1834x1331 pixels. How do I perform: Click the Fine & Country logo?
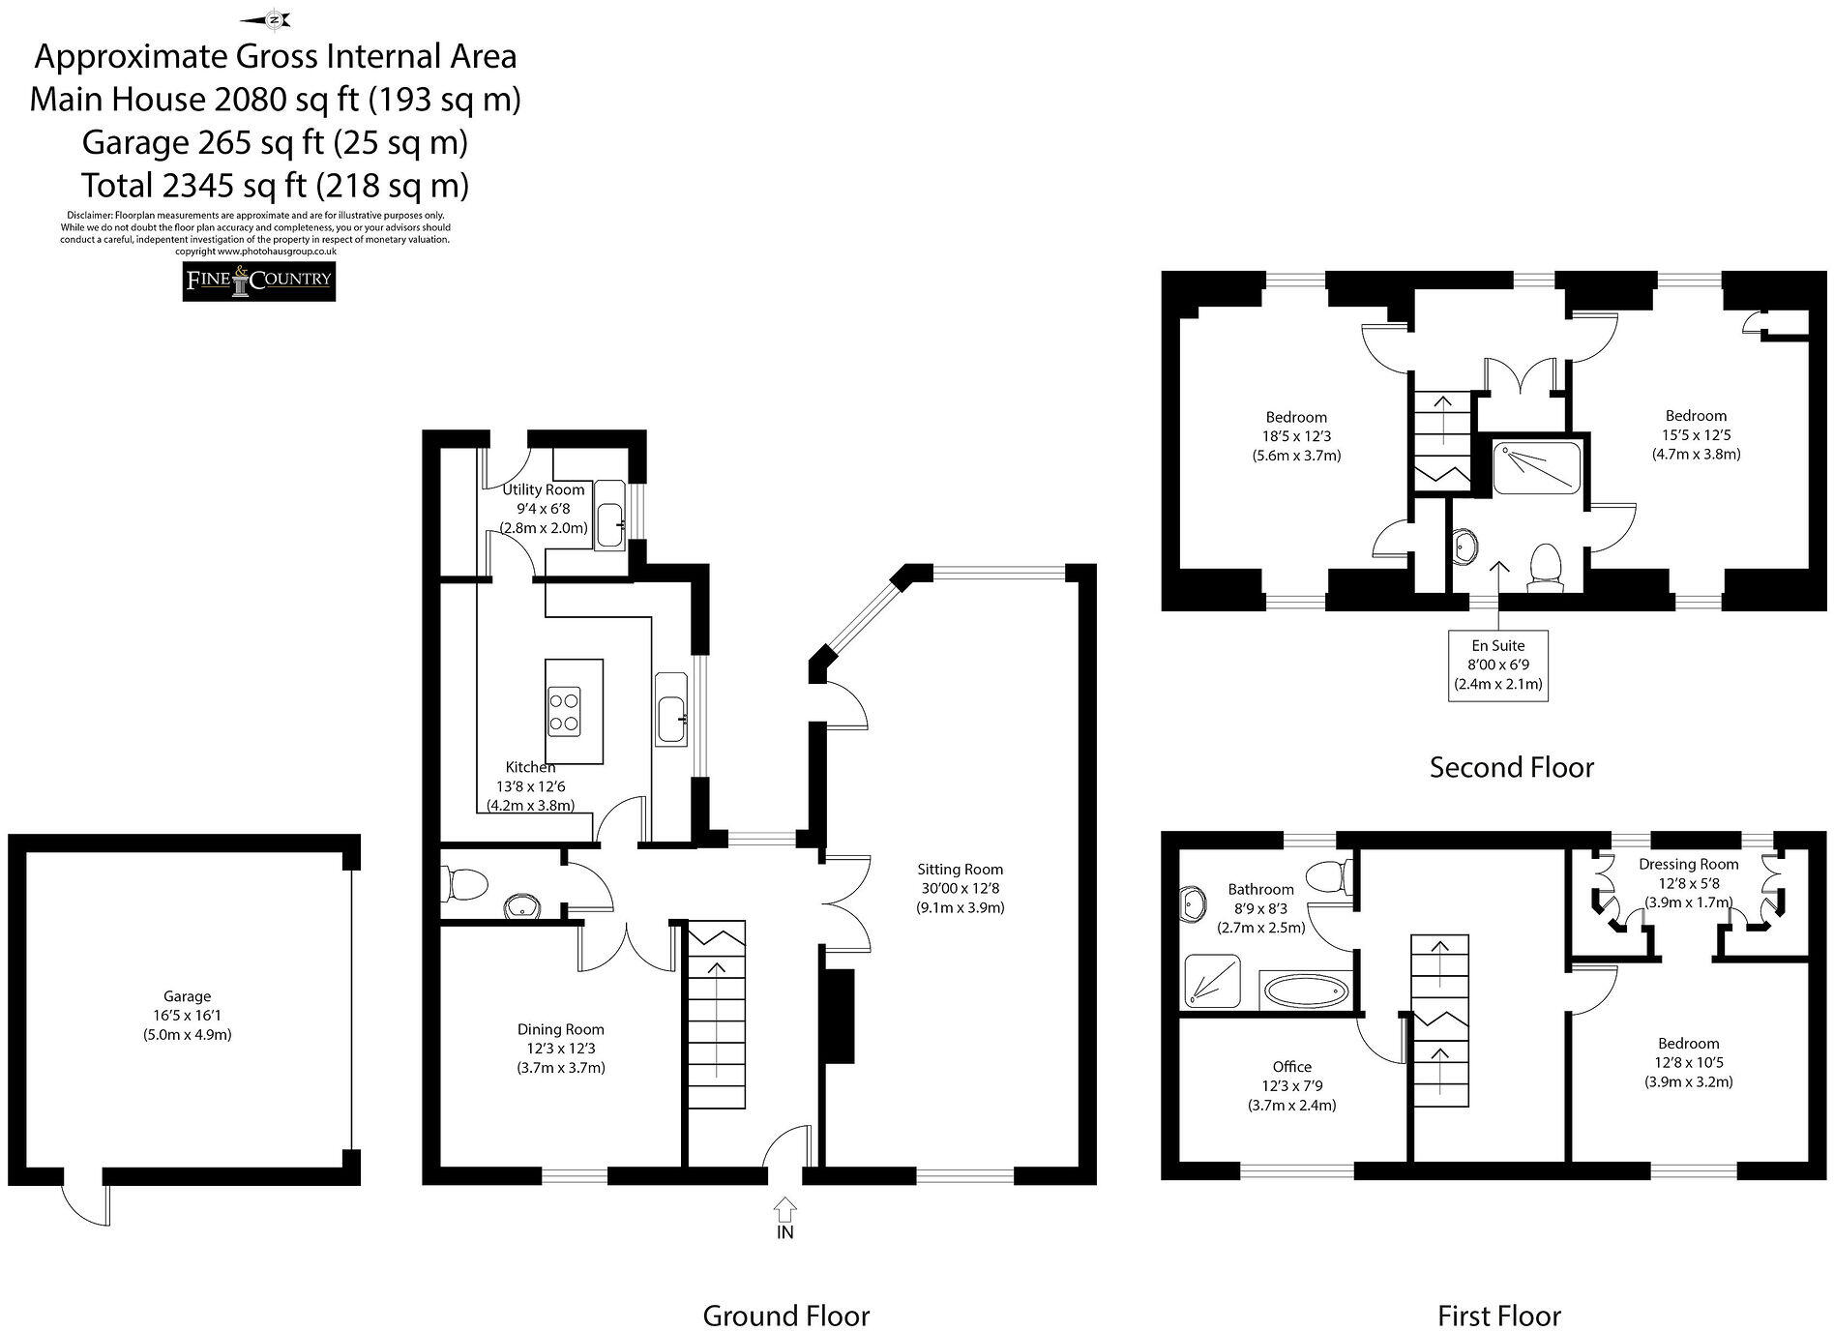(x=259, y=281)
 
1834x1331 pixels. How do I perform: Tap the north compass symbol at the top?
(x=275, y=18)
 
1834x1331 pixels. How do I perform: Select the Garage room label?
(x=187, y=996)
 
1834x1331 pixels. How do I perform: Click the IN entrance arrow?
(x=784, y=1210)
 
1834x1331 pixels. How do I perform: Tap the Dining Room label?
(x=561, y=1030)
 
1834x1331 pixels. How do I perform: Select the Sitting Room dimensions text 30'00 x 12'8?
(x=960, y=889)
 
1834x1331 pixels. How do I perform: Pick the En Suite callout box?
(x=1497, y=664)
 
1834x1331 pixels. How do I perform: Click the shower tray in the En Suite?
(x=1536, y=468)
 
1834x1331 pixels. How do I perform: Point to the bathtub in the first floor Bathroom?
(x=1305, y=991)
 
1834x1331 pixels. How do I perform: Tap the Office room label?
(x=1291, y=1067)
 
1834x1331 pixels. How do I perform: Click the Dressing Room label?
(x=1688, y=865)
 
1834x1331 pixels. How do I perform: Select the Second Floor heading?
(x=1511, y=768)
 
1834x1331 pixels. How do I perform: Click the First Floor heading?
(x=1498, y=1316)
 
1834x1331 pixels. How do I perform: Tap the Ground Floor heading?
(x=785, y=1316)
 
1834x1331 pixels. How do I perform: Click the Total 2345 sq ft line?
(x=275, y=185)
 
